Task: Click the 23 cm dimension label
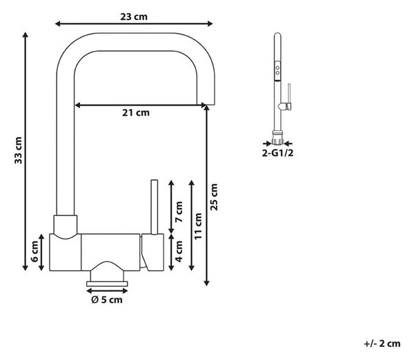(x=134, y=17)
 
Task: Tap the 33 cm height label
(x=18, y=150)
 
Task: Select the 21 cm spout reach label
(x=136, y=112)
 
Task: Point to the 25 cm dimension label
(x=214, y=197)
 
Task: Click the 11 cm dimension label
(x=198, y=226)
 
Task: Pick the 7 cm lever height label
(x=179, y=212)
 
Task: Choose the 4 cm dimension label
(x=179, y=252)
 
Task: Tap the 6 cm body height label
(x=34, y=252)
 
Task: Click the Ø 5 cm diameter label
(x=107, y=300)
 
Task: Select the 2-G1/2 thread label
(x=277, y=153)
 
